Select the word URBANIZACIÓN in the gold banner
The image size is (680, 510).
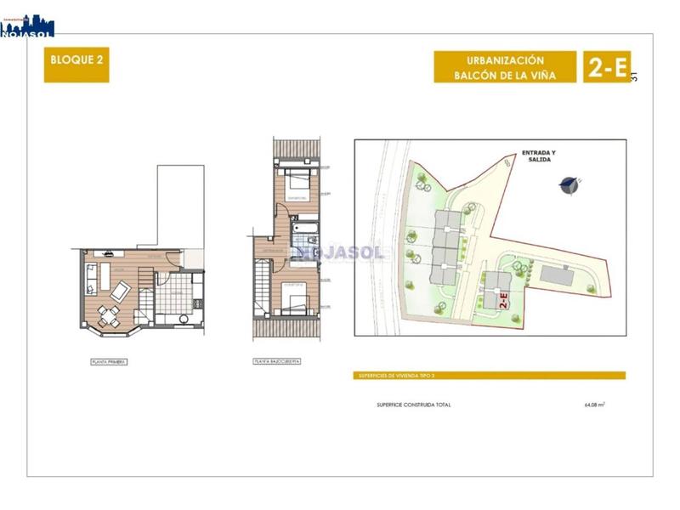(505, 60)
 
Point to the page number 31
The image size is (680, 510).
(634, 76)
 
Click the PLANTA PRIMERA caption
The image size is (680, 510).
(109, 361)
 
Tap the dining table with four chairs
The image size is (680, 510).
(108, 316)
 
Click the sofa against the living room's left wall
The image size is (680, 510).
(92, 278)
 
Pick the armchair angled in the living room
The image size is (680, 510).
(121, 292)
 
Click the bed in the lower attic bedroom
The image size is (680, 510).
(295, 299)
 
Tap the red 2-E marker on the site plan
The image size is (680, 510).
(503, 299)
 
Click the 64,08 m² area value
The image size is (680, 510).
(594, 405)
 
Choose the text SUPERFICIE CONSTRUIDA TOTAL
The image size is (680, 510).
(414, 405)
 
